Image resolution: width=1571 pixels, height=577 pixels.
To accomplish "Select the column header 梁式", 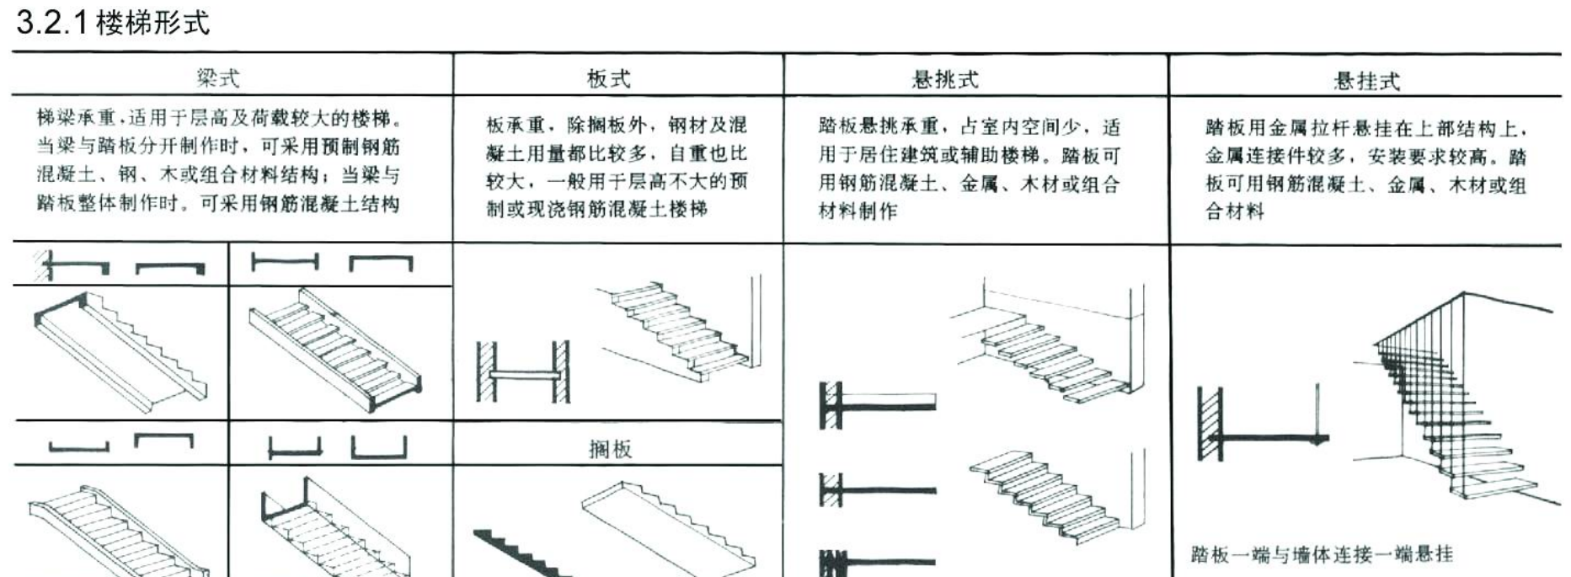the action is pyautogui.click(x=218, y=78).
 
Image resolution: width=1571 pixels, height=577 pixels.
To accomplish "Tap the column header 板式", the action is pyautogui.click(x=608, y=78).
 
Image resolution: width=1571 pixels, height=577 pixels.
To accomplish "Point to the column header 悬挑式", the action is pyautogui.click(x=945, y=79).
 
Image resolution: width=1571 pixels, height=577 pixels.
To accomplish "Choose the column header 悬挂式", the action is pyautogui.click(x=1365, y=81).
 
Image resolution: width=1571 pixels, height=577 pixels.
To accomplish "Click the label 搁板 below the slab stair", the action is pyautogui.click(x=610, y=449).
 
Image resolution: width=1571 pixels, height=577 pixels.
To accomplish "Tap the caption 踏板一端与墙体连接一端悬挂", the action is pyautogui.click(x=1322, y=554).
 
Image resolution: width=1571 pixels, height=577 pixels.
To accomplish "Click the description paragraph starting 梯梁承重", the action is pyautogui.click(x=218, y=160).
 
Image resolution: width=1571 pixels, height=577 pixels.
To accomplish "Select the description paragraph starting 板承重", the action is pyautogui.click(x=617, y=167).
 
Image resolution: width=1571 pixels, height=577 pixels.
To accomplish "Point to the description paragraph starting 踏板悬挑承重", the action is pyautogui.click(x=970, y=169).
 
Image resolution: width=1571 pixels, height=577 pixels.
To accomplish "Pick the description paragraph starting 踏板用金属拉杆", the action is pyautogui.click(x=1365, y=169).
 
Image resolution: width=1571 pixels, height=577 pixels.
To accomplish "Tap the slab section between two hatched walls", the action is pyautogui.click(x=523, y=372).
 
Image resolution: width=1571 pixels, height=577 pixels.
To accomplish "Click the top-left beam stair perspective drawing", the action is pyautogui.click(x=120, y=352).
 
